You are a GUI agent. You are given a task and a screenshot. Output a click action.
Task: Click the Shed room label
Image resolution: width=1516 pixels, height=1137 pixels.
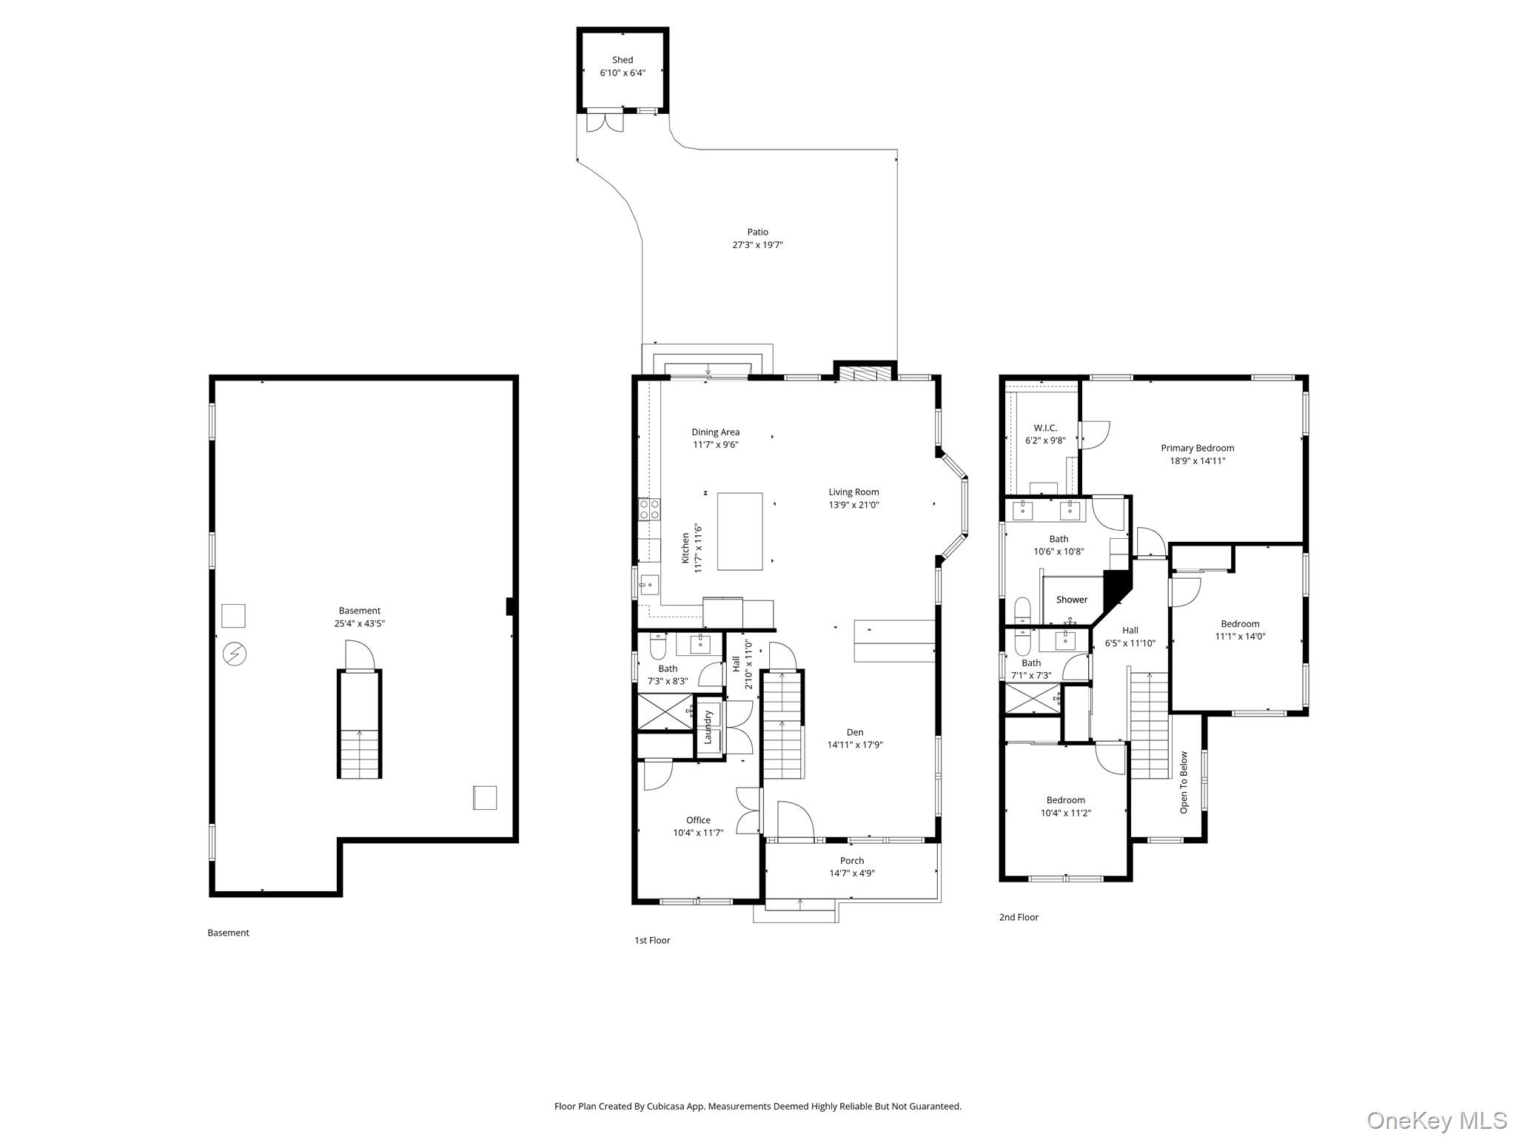click(x=622, y=60)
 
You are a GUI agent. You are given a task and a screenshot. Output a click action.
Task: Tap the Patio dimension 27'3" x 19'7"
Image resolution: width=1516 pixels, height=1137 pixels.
click(x=757, y=245)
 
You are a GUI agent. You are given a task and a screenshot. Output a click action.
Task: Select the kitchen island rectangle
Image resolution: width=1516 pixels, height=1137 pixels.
click(x=739, y=531)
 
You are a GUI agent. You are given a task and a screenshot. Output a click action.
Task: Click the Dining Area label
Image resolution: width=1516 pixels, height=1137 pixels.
click(x=715, y=432)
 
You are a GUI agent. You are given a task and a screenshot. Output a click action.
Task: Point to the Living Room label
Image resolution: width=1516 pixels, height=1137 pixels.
click(x=853, y=492)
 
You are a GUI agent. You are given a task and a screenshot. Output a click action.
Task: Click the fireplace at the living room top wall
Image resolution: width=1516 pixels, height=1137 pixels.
click(x=865, y=374)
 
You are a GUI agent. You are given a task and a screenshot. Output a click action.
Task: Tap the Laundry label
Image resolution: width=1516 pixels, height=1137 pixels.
click(x=708, y=727)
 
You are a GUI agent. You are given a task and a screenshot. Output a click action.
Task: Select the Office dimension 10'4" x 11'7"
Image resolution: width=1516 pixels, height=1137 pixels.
click(x=697, y=833)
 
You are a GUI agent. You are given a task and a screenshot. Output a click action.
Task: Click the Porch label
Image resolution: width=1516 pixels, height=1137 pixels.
click(x=851, y=861)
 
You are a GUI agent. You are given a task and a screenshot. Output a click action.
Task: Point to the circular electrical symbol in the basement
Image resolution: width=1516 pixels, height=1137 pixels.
click(x=235, y=654)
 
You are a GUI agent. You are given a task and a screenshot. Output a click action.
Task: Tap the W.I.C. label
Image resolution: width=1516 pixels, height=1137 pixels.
click(x=1045, y=428)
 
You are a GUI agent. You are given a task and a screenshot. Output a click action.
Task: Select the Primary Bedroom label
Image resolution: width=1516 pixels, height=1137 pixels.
click(x=1197, y=448)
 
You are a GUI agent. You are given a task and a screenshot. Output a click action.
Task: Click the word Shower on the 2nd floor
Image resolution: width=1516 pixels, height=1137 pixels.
click(x=1071, y=600)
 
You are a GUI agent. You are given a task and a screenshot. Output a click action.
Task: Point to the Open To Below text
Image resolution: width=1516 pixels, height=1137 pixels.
click(x=1184, y=782)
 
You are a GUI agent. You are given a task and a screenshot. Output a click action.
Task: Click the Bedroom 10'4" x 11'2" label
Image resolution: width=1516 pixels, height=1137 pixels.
click(x=1065, y=800)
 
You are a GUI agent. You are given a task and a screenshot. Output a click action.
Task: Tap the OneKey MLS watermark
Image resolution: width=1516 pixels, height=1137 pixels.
click(x=1436, y=1120)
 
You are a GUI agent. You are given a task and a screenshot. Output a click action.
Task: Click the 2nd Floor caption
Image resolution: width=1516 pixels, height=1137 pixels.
click(x=1019, y=917)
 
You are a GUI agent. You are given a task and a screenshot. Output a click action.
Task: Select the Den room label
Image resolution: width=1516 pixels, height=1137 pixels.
click(x=855, y=732)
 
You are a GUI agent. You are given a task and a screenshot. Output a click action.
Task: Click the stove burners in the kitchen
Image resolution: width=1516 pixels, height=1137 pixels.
click(x=649, y=509)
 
